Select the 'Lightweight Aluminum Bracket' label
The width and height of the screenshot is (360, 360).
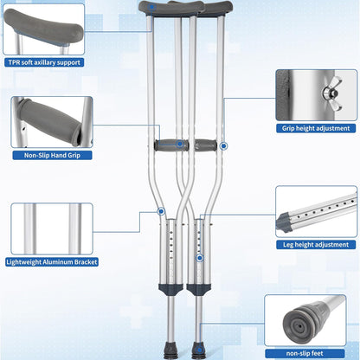[x=52, y=262]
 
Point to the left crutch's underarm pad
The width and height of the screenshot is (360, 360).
[x=162, y=9]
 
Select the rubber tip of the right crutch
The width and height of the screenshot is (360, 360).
[x=199, y=352]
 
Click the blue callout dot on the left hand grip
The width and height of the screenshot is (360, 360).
[x=180, y=145]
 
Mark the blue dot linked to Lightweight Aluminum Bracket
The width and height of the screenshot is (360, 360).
[x=161, y=210]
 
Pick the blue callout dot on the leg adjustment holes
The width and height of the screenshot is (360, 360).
[x=200, y=257]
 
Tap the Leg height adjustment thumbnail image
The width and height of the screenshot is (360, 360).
[x=318, y=213]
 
